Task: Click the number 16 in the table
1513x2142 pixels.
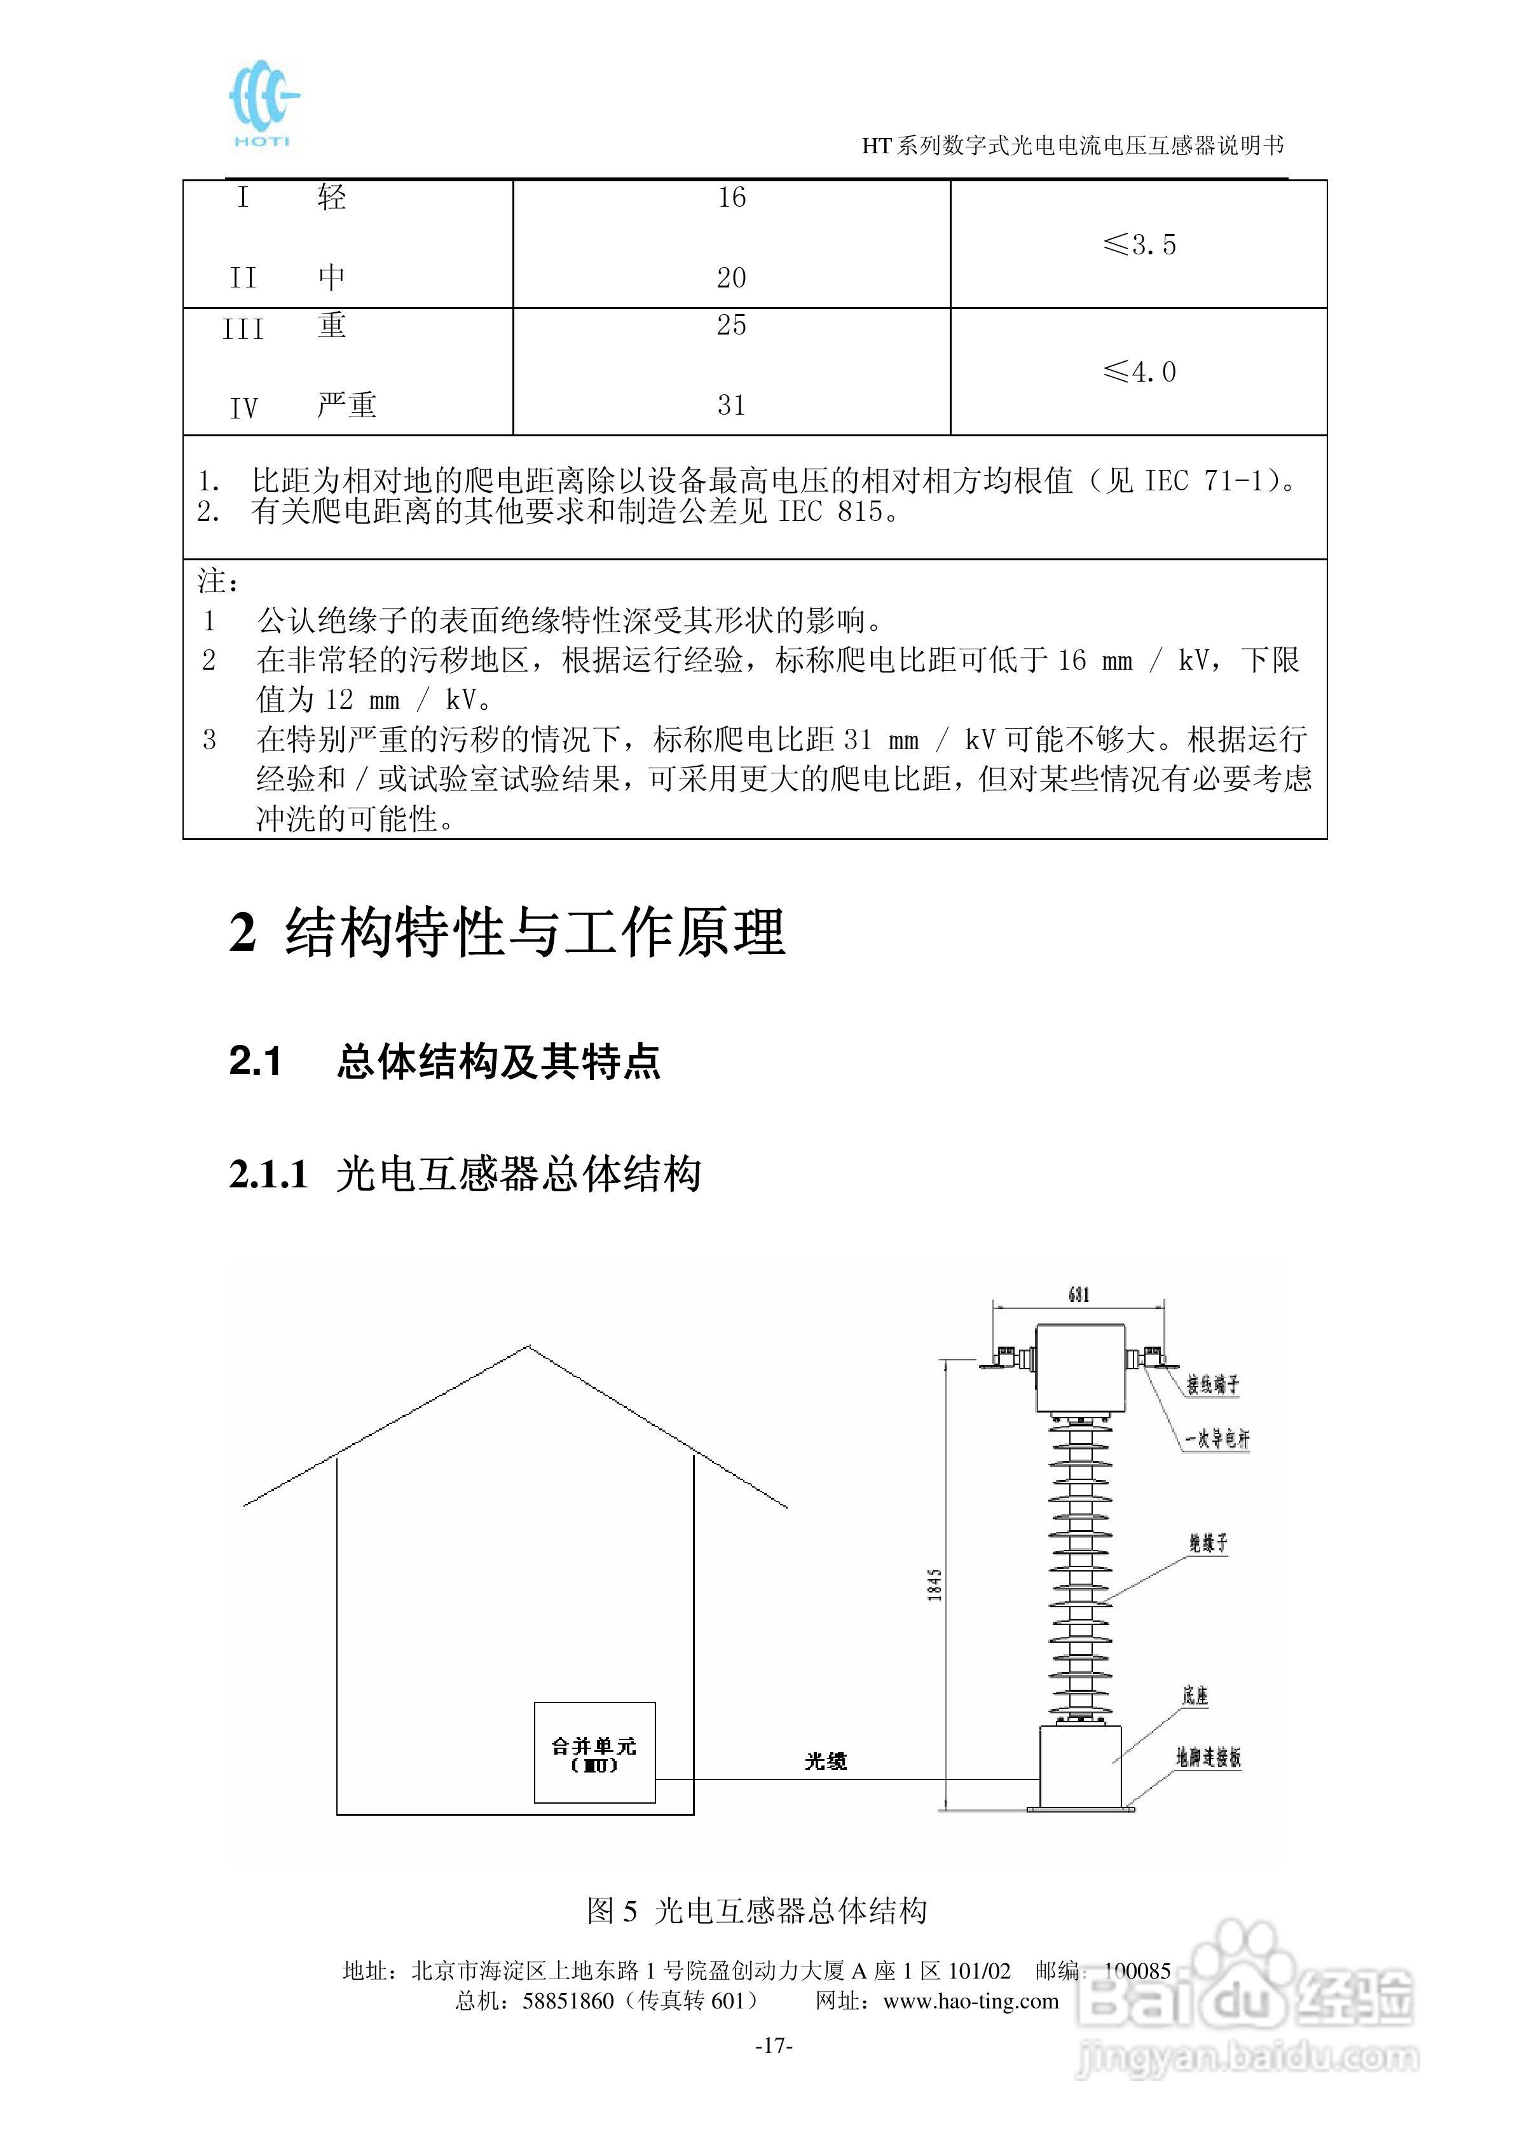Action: pyautogui.click(x=731, y=198)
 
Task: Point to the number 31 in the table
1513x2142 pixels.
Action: pyautogui.click(x=731, y=406)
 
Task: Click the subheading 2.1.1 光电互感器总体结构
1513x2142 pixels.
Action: pyautogui.click(x=465, y=1173)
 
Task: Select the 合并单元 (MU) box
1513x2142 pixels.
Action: pyautogui.click(x=594, y=1753)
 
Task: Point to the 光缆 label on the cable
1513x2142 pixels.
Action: pyautogui.click(x=826, y=1760)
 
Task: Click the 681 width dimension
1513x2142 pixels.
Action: pyautogui.click(x=1078, y=1295)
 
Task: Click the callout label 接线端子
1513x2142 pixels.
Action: pyautogui.click(x=1213, y=1385)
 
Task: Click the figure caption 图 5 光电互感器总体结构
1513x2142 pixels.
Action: pyautogui.click(x=756, y=1911)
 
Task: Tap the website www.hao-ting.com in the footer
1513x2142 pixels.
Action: pyautogui.click(x=970, y=2001)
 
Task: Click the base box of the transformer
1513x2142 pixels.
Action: pyautogui.click(x=1080, y=1766)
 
